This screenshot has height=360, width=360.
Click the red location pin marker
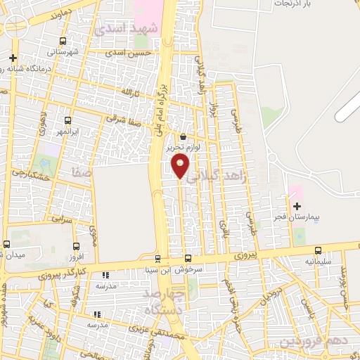(181, 166)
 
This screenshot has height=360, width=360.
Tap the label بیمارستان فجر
(296, 218)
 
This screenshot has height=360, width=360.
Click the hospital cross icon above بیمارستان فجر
(297, 207)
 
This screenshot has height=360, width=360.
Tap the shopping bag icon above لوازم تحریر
(184, 136)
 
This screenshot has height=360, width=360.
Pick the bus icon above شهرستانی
(64, 41)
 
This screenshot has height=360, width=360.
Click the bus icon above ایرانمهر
(67, 120)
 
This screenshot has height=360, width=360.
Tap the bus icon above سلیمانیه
(318, 250)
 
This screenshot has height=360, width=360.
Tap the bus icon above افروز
(77, 247)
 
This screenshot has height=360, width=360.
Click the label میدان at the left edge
(15, 254)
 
